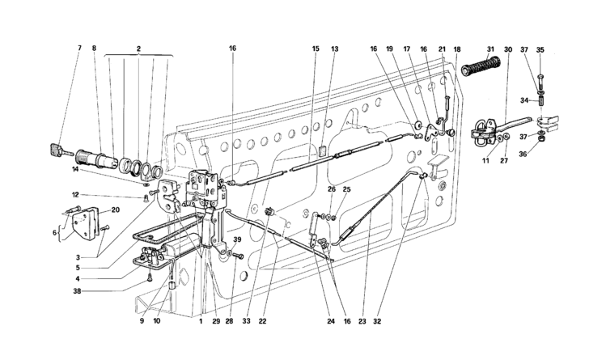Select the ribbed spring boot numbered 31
coord(481,66)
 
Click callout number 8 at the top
coord(94,49)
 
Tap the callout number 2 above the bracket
coord(138,49)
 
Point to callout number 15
coord(316,49)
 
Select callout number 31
coord(490,49)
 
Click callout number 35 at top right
coord(540,49)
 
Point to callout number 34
coord(524,101)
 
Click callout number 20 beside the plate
coord(116,210)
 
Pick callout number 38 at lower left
coord(78,291)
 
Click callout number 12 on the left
coord(76,195)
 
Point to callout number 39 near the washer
coord(237,240)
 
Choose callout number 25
coord(346,189)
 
